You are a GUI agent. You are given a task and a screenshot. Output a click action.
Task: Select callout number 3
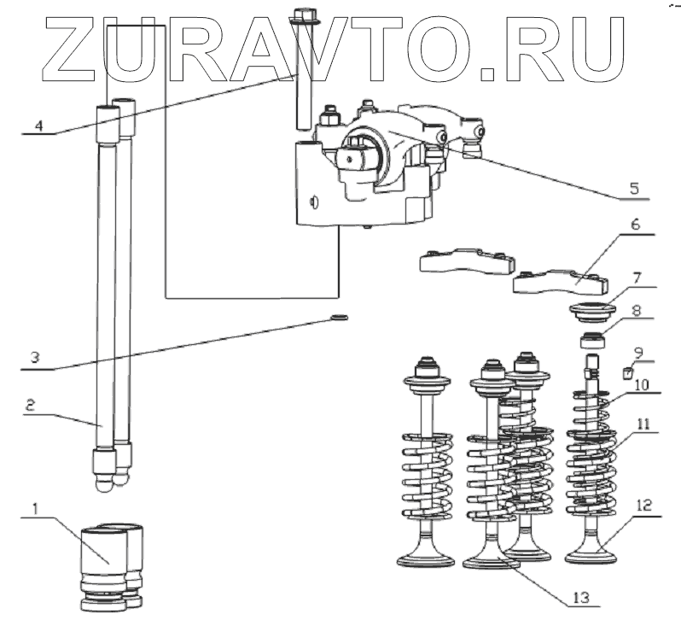[x=32, y=357]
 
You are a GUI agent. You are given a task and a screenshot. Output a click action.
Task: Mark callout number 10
[x=640, y=384]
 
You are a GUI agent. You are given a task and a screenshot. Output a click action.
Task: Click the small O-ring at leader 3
[x=337, y=319]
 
